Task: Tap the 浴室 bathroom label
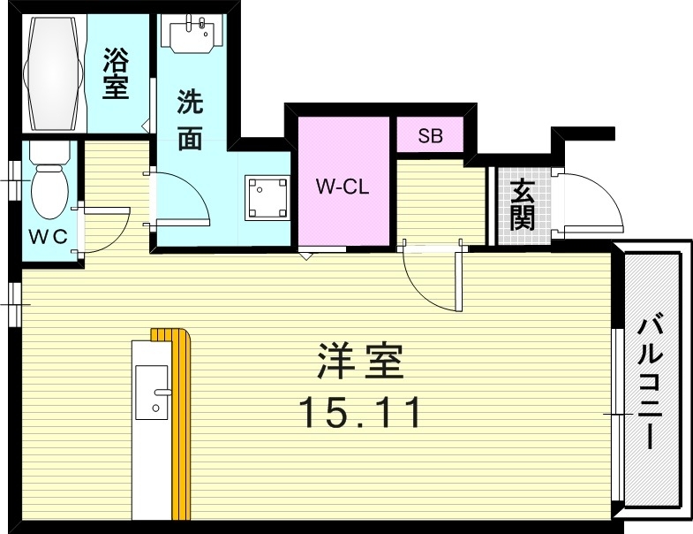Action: [116, 75]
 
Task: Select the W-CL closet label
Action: [342, 187]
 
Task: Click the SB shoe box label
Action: [429, 136]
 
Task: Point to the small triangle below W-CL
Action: [305, 256]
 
